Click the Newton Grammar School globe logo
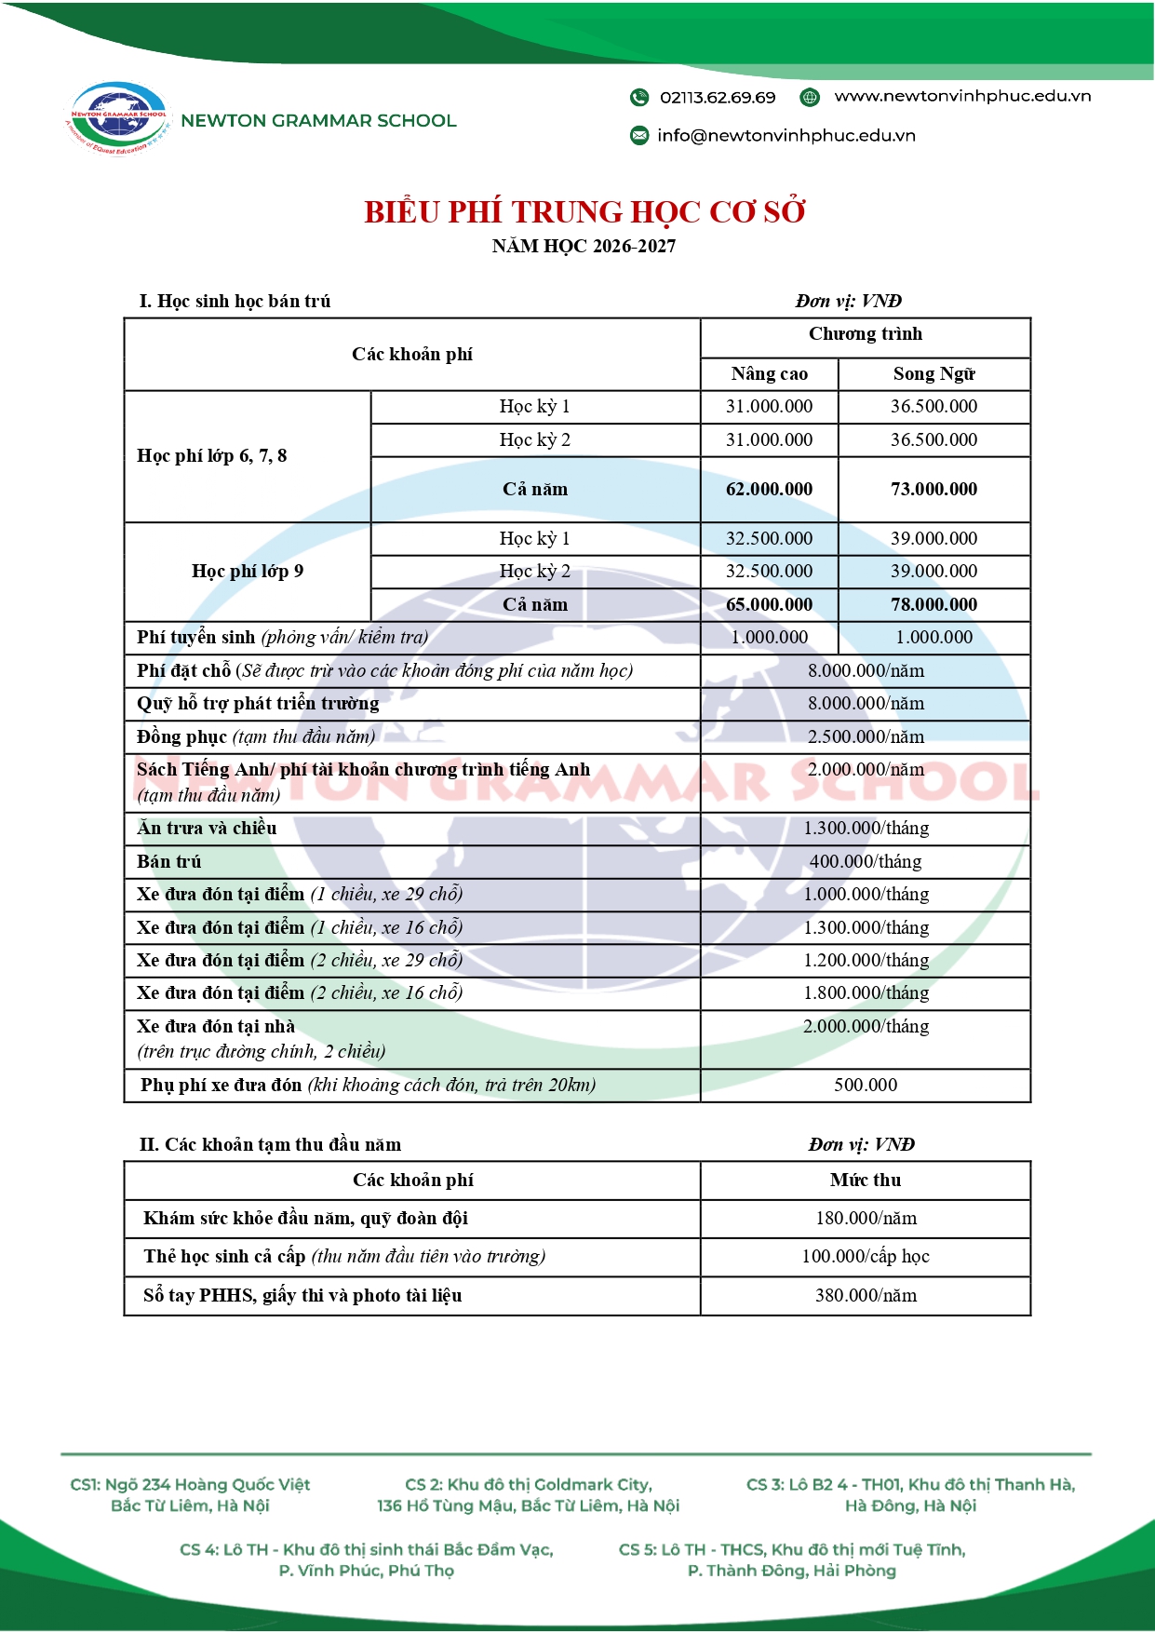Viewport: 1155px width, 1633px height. [118, 118]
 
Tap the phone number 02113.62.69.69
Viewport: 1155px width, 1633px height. [718, 97]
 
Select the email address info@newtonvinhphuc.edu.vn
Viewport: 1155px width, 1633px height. [786, 135]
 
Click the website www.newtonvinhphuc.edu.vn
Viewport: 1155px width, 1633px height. [961, 96]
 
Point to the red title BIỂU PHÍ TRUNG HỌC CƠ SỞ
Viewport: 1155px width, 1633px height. [584, 212]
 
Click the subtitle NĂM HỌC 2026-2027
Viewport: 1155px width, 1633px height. [584, 247]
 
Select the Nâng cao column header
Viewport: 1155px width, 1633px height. [769, 374]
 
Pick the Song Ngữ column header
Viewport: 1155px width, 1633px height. [933, 374]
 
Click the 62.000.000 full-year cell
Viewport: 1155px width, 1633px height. [769, 490]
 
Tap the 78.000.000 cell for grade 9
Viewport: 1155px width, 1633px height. [933, 605]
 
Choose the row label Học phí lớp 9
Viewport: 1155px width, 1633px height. [248, 572]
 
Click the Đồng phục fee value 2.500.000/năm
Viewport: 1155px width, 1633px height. [866, 737]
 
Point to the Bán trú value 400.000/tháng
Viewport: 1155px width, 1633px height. [866, 862]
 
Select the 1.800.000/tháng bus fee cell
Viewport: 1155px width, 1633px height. [866, 993]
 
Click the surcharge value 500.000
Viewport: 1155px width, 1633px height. [866, 1086]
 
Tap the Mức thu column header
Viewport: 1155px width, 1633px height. [866, 1181]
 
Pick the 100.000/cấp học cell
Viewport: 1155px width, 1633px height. [866, 1257]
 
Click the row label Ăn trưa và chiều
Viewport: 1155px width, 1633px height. [207, 829]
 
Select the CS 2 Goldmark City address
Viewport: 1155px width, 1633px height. [529, 1495]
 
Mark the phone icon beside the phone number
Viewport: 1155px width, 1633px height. [639, 97]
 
